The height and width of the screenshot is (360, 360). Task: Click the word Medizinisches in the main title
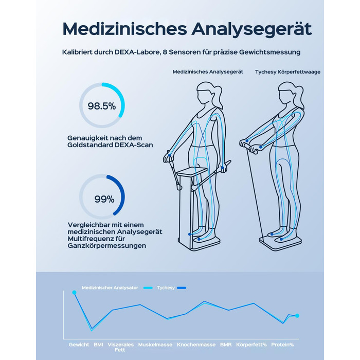tap(124, 29)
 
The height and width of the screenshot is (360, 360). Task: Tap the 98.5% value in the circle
tap(102, 106)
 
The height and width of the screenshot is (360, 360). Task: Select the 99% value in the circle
tap(104, 199)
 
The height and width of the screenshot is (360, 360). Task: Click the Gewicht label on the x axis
tap(79, 345)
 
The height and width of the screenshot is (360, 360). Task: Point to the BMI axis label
tap(98, 345)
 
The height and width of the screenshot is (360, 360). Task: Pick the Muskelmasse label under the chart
tap(155, 345)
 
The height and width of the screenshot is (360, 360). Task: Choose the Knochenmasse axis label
tap(196, 345)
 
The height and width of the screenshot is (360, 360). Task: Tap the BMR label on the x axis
tap(226, 345)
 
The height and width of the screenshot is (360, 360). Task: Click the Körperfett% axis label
tap(251, 345)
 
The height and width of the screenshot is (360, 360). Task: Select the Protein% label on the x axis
tap(282, 345)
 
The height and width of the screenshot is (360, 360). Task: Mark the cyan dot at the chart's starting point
tap(74, 292)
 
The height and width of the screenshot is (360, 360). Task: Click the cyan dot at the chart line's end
tap(297, 316)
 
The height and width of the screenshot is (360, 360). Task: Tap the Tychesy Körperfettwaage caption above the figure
tap(287, 72)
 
